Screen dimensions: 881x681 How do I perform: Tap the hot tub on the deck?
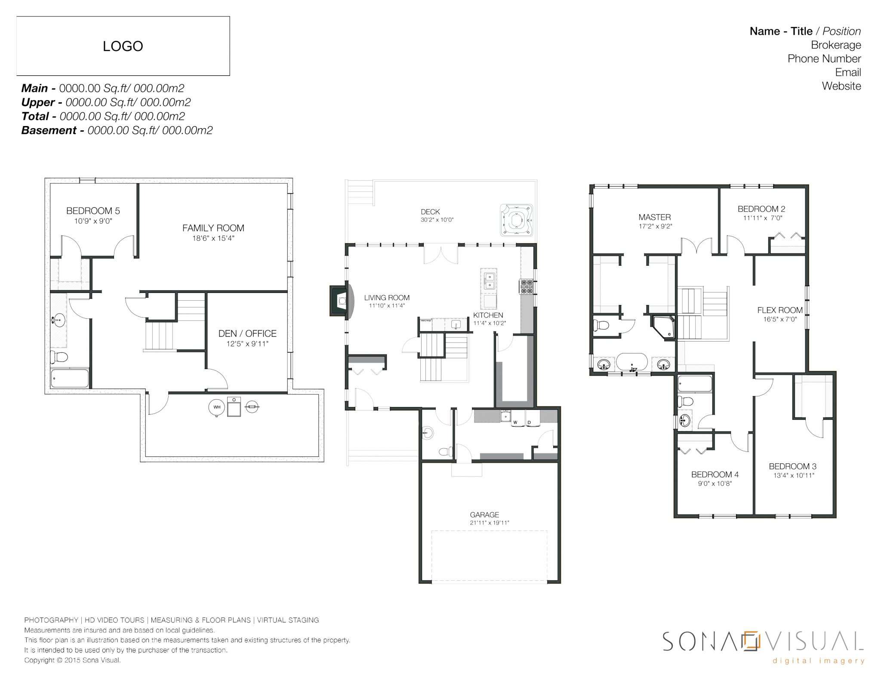[x=516, y=220]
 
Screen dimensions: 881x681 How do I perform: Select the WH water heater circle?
[x=217, y=407]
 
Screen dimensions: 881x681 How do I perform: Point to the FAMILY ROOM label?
[x=213, y=228]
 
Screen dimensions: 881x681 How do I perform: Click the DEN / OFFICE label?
[x=247, y=333]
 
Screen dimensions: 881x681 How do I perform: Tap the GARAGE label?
[x=484, y=515]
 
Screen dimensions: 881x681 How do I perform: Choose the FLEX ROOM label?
[x=780, y=310]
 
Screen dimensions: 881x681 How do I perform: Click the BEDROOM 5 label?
[x=93, y=211]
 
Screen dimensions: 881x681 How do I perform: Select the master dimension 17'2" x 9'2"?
[x=655, y=226]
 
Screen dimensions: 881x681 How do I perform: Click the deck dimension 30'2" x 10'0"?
[x=437, y=220]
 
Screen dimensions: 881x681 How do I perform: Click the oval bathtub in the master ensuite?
[x=632, y=362]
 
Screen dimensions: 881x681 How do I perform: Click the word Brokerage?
[x=836, y=45]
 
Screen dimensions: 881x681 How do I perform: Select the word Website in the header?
[x=841, y=86]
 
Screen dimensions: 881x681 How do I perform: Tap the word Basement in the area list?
[x=49, y=130]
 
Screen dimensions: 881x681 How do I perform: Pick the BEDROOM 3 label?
[x=792, y=466]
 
